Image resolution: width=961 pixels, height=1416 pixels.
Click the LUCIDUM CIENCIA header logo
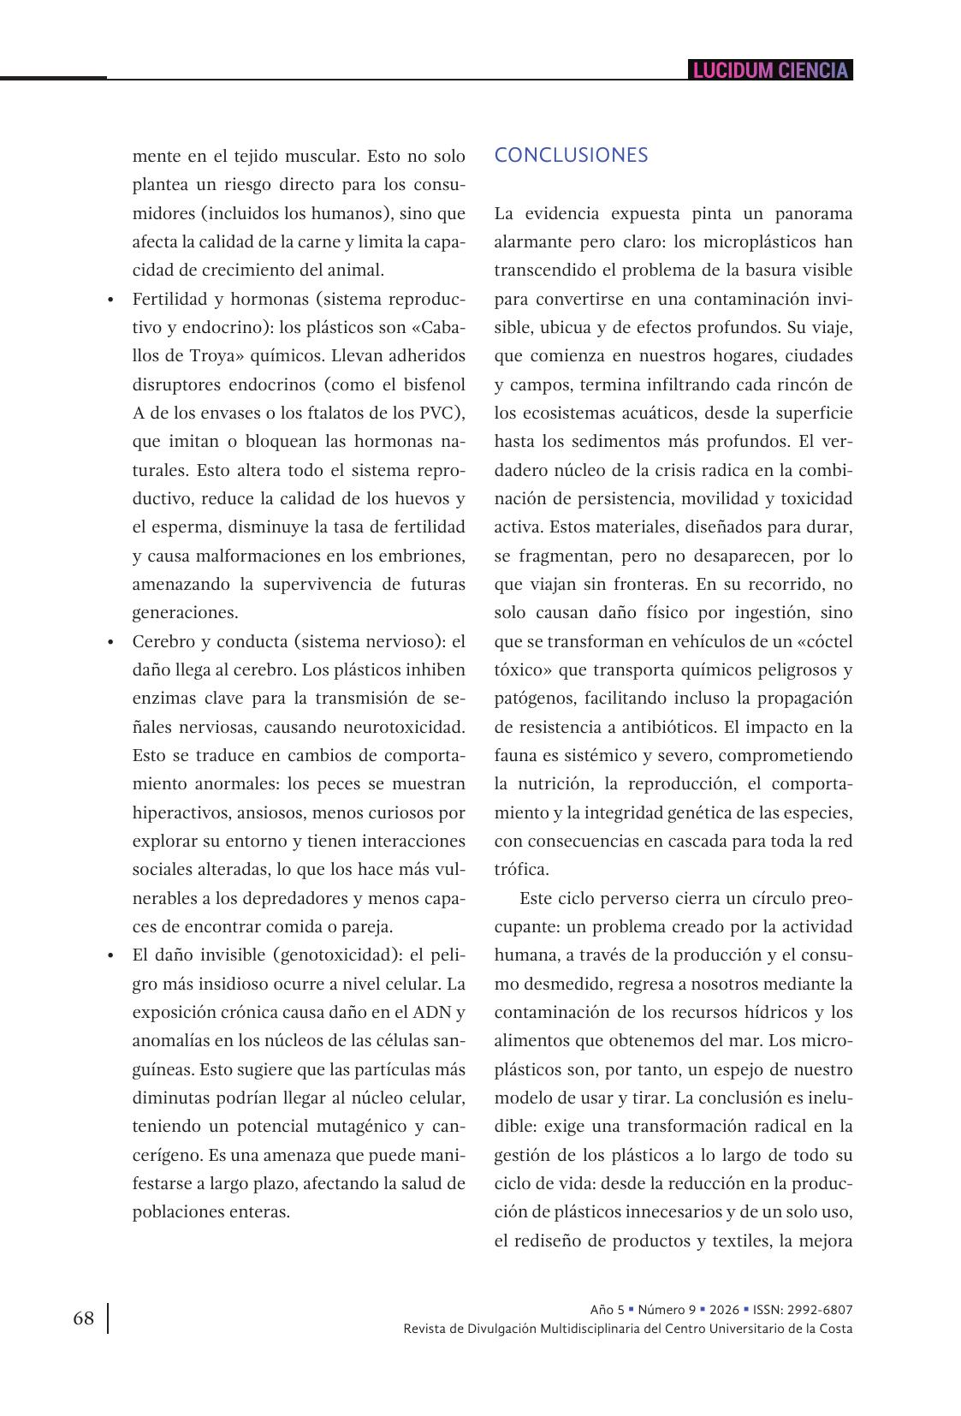pos(770,70)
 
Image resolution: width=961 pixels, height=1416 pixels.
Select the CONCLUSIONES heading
pos(571,155)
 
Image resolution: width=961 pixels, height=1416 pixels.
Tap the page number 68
pos(83,1318)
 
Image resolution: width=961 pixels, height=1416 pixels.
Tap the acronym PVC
pos(440,413)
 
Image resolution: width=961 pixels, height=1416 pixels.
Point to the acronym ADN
pos(433,1012)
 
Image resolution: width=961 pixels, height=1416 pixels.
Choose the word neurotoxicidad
pos(403,727)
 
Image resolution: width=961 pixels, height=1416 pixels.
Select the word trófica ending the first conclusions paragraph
pos(519,870)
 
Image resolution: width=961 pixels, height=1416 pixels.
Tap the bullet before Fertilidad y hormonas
pos(110,300)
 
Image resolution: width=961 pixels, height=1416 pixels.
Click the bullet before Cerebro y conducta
pos(110,643)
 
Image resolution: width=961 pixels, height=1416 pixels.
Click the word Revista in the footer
pos(424,1329)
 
